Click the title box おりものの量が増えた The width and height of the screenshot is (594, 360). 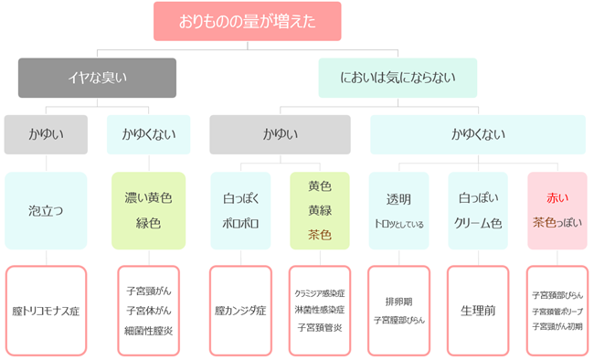point(248,20)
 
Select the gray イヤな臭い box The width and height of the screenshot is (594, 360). point(85,78)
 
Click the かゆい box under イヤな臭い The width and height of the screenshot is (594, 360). point(46,134)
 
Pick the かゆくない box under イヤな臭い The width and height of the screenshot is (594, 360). point(148,134)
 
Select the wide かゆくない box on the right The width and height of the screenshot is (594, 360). point(476,134)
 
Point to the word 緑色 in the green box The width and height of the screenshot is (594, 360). point(148,222)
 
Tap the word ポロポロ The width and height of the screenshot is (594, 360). point(239,222)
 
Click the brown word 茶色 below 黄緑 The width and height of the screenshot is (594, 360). point(319,235)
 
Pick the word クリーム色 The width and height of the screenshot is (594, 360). point(477,222)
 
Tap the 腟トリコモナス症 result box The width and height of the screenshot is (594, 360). point(46,311)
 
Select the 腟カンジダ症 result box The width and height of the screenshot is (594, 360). point(239,311)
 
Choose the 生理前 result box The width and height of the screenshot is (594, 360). point(477,311)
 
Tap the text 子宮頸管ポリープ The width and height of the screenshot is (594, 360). point(557,311)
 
